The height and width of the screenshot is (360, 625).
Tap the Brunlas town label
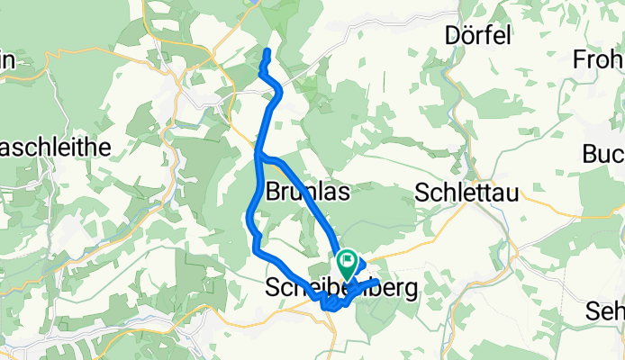click(308, 193)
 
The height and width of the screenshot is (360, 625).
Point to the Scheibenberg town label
click(342, 290)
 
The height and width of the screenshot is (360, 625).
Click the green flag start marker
click(347, 264)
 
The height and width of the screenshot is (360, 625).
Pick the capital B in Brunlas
click(274, 193)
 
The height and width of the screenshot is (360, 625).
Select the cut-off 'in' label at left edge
click(7, 60)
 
